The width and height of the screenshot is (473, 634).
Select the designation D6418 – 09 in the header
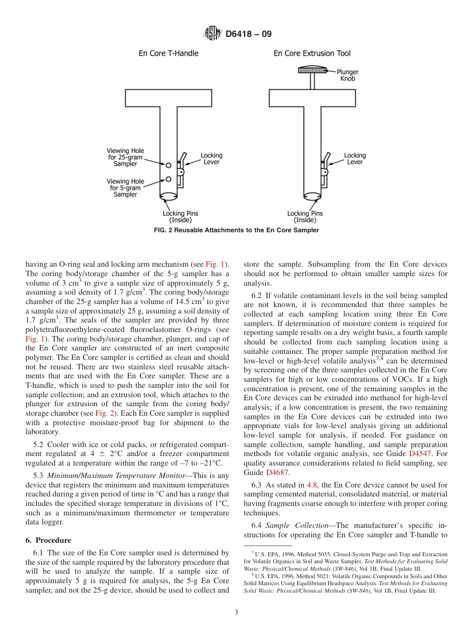(248, 34)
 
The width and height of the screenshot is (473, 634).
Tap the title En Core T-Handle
(168, 53)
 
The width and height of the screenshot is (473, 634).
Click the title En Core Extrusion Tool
(312, 53)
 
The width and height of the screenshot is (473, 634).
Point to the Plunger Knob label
(348, 75)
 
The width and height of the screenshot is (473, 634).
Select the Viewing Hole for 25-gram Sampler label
(125, 158)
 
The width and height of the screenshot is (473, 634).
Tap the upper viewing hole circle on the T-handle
(169, 165)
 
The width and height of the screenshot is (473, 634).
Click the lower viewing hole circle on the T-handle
(169, 179)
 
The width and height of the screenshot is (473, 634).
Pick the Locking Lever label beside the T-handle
(212, 158)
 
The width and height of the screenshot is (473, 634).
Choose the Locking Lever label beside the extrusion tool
(355, 158)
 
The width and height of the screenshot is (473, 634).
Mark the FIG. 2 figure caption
(236, 230)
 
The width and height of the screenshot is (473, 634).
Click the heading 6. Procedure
(48, 540)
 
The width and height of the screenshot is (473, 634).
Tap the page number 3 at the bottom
(236, 613)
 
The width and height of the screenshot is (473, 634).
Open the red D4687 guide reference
(277, 473)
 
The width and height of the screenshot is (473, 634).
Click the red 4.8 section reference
(312, 485)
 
